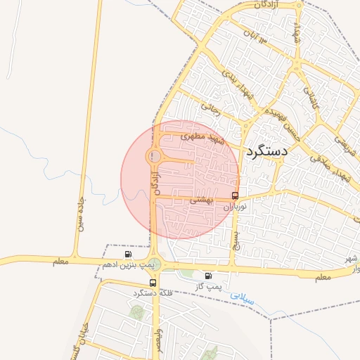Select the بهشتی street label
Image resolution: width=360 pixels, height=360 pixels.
pos(200,200)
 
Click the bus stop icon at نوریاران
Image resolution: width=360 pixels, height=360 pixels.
pos(235,195)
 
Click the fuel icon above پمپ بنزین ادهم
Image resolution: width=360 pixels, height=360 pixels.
pos(127,254)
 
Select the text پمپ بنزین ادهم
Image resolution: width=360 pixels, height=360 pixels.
pos(127,264)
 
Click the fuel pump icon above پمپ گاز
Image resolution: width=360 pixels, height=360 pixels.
pos(208,276)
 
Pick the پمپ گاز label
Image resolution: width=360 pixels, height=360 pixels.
pos(208,286)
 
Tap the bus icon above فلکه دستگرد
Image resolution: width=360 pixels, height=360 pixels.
pos(152,282)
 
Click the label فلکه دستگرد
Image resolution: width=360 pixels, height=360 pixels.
pos(152,292)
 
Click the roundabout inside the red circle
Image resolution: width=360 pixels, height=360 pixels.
pos(154,156)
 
